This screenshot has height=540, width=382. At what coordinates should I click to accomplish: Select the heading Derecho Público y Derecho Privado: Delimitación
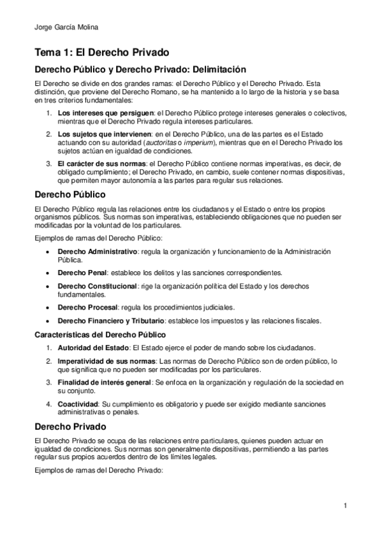click(x=140, y=69)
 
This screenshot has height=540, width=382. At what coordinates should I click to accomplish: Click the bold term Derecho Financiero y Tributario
click(x=115, y=320)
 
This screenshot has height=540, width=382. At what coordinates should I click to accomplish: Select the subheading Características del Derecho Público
click(x=101, y=334)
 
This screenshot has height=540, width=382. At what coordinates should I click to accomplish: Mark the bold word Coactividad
click(x=80, y=404)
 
